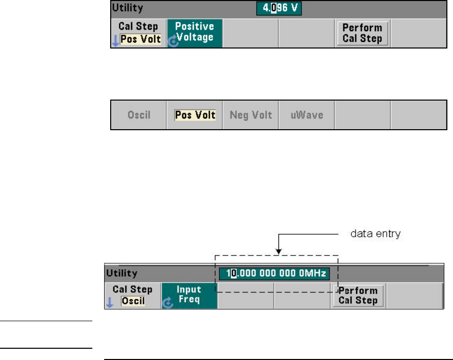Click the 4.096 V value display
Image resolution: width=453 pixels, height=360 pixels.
coord(280,9)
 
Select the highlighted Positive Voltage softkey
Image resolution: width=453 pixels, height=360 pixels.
coord(194,32)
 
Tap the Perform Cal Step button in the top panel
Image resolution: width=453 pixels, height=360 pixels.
coord(362,33)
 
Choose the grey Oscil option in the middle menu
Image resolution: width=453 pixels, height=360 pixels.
coord(139,115)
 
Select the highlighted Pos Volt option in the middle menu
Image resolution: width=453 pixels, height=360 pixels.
coord(195,115)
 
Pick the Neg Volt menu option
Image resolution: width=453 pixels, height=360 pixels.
coord(250,115)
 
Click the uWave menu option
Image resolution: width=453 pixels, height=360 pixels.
coord(306,115)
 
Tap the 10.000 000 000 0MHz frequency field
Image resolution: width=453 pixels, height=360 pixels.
coord(275,274)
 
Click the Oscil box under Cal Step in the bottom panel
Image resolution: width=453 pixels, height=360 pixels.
coord(133,301)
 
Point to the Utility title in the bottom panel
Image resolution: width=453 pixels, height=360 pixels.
coord(122,274)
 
